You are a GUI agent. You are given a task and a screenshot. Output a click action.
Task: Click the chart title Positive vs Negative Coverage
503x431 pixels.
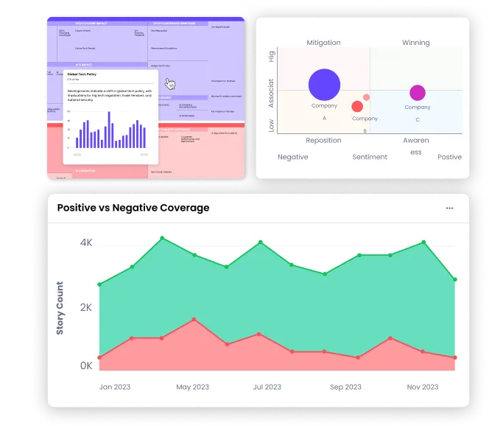click(133, 208)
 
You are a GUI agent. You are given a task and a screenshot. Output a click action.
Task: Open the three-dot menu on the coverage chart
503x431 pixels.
click(450, 209)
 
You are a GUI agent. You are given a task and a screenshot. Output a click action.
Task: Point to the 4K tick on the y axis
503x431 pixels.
click(86, 242)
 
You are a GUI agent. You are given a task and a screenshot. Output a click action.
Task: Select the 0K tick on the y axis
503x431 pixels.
click(86, 365)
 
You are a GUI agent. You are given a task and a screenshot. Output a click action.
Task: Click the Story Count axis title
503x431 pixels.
click(60, 308)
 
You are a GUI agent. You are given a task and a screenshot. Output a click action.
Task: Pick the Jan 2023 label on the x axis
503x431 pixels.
click(115, 387)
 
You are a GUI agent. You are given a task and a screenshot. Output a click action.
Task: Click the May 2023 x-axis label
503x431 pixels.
click(194, 387)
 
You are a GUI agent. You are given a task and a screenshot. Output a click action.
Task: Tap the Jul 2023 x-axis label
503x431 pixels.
click(267, 387)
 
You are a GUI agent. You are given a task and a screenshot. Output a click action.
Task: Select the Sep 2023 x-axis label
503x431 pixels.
click(345, 387)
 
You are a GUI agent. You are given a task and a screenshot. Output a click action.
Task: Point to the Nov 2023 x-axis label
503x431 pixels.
click(423, 387)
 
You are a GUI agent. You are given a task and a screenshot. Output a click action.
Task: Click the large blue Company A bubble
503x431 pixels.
click(324, 85)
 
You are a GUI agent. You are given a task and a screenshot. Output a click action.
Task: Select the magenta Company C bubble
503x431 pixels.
click(418, 93)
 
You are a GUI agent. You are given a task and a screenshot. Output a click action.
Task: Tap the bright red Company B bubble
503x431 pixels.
click(357, 107)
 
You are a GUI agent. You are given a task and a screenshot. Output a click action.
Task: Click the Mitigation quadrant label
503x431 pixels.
click(323, 43)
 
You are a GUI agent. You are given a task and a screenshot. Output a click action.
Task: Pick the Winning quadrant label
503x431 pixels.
click(415, 43)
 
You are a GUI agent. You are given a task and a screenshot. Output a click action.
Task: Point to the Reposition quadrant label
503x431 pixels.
click(323, 140)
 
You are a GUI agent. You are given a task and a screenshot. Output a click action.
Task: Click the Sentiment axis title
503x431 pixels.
click(370, 157)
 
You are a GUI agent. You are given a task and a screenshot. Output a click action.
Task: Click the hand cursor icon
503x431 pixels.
click(170, 83)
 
